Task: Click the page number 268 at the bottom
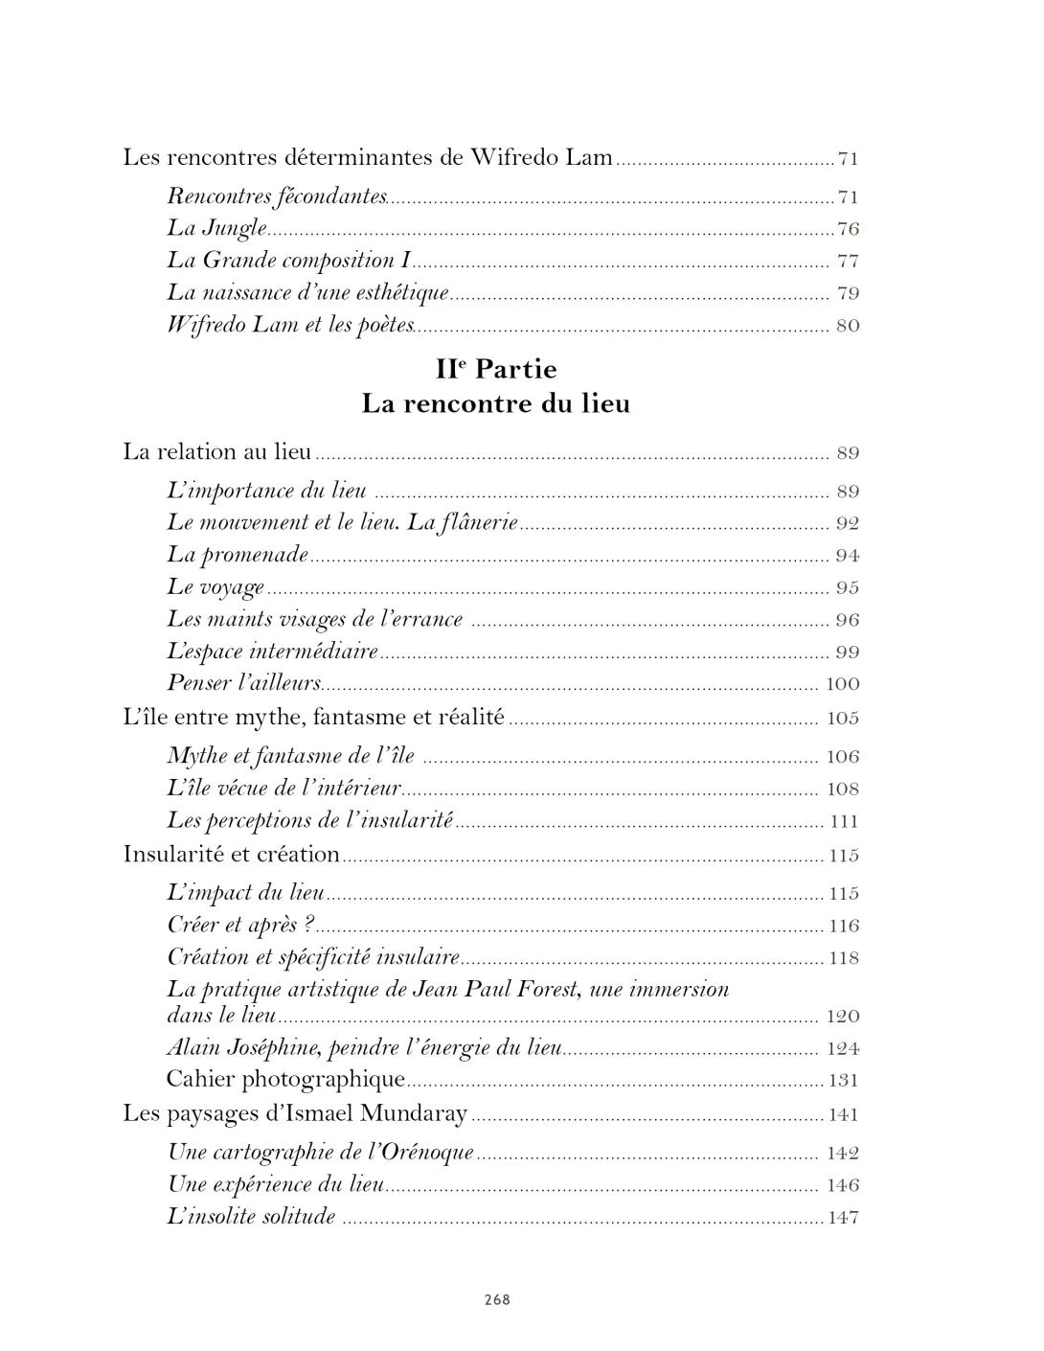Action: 497,1299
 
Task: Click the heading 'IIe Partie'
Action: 495,369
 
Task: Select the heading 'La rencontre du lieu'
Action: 495,403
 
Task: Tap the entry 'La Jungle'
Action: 216,229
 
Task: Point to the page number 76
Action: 848,229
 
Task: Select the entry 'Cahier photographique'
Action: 285,1080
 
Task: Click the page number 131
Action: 843,1081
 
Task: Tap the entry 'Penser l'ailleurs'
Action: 244,683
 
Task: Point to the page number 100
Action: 843,684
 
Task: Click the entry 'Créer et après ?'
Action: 240,926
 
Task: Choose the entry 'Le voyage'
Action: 216,587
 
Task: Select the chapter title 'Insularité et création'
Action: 232,854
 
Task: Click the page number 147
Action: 843,1218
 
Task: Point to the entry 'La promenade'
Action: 238,555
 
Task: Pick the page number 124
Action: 843,1048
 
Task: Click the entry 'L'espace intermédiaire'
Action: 273,652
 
